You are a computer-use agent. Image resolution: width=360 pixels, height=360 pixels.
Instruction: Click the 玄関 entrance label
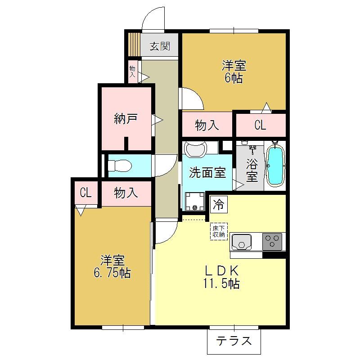[x=160, y=46]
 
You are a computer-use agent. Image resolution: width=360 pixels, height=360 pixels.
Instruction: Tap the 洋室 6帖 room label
[x=234, y=72]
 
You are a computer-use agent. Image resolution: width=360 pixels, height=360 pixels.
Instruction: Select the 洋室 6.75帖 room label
[x=112, y=266]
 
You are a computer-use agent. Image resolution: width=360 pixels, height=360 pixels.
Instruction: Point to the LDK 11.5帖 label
[x=221, y=277]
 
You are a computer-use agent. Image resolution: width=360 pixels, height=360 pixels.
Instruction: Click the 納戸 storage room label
[x=126, y=119]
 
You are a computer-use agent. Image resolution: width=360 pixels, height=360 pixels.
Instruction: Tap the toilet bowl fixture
[x=119, y=166]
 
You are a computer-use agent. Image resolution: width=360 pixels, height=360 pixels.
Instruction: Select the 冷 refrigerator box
[x=219, y=204]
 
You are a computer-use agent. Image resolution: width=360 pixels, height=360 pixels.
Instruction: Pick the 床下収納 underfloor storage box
[x=219, y=231]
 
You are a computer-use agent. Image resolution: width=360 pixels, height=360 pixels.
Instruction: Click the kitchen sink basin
[x=241, y=242]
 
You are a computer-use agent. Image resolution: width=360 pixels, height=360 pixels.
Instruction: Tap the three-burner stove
[x=272, y=242]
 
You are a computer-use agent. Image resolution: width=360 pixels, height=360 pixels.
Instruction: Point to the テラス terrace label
[x=234, y=341]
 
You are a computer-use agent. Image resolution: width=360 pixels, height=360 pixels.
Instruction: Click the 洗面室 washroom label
[x=207, y=172]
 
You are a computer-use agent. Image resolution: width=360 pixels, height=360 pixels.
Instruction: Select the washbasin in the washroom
[x=196, y=149]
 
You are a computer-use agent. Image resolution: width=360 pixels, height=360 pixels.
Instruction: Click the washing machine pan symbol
[x=195, y=201]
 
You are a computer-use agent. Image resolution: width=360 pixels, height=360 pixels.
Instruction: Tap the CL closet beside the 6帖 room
[x=260, y=125]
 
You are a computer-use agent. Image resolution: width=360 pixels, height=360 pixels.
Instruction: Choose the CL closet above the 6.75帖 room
[x=85, y=193]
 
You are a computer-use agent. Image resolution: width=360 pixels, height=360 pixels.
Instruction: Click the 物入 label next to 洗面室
[x=207, y=126]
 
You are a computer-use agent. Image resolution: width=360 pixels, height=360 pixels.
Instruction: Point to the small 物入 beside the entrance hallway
[x=132, y=72]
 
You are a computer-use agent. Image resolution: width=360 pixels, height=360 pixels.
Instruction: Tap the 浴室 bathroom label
[x=252, y=170]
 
